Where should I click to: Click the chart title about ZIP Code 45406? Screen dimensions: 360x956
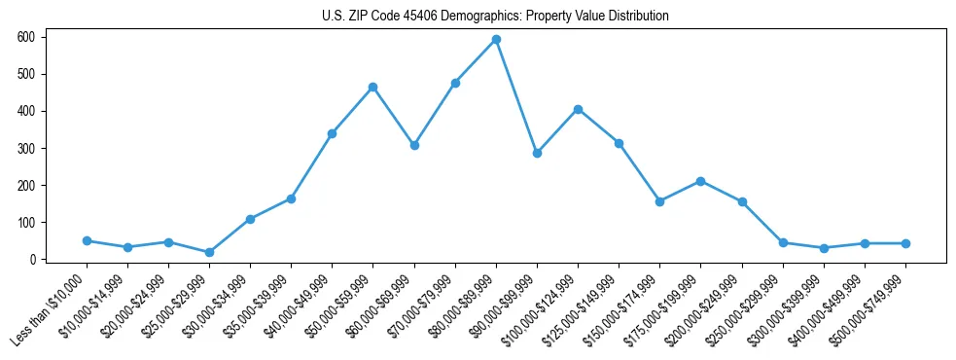(x=495, y=17)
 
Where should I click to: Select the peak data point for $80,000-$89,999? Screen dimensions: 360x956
(x=496, y=40)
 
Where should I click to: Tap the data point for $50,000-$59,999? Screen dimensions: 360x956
(x=372, y=88)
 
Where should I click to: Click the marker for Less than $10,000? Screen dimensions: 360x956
(x=87, y=240)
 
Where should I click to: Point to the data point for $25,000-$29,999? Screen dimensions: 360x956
(x=209, y=252)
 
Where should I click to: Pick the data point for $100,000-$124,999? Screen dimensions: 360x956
(x=578, y=109)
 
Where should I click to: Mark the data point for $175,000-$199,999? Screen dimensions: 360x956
(x=700, y=181)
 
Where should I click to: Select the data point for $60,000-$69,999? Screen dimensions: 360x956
(x=414, y=145)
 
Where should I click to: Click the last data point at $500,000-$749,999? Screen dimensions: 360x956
(x=905, y=243)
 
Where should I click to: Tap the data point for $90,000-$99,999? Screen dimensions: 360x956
(x=537, y=153)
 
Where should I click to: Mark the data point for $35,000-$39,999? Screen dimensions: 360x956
(x=291, y=198)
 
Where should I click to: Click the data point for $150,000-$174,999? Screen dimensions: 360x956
(x=659, y=201)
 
